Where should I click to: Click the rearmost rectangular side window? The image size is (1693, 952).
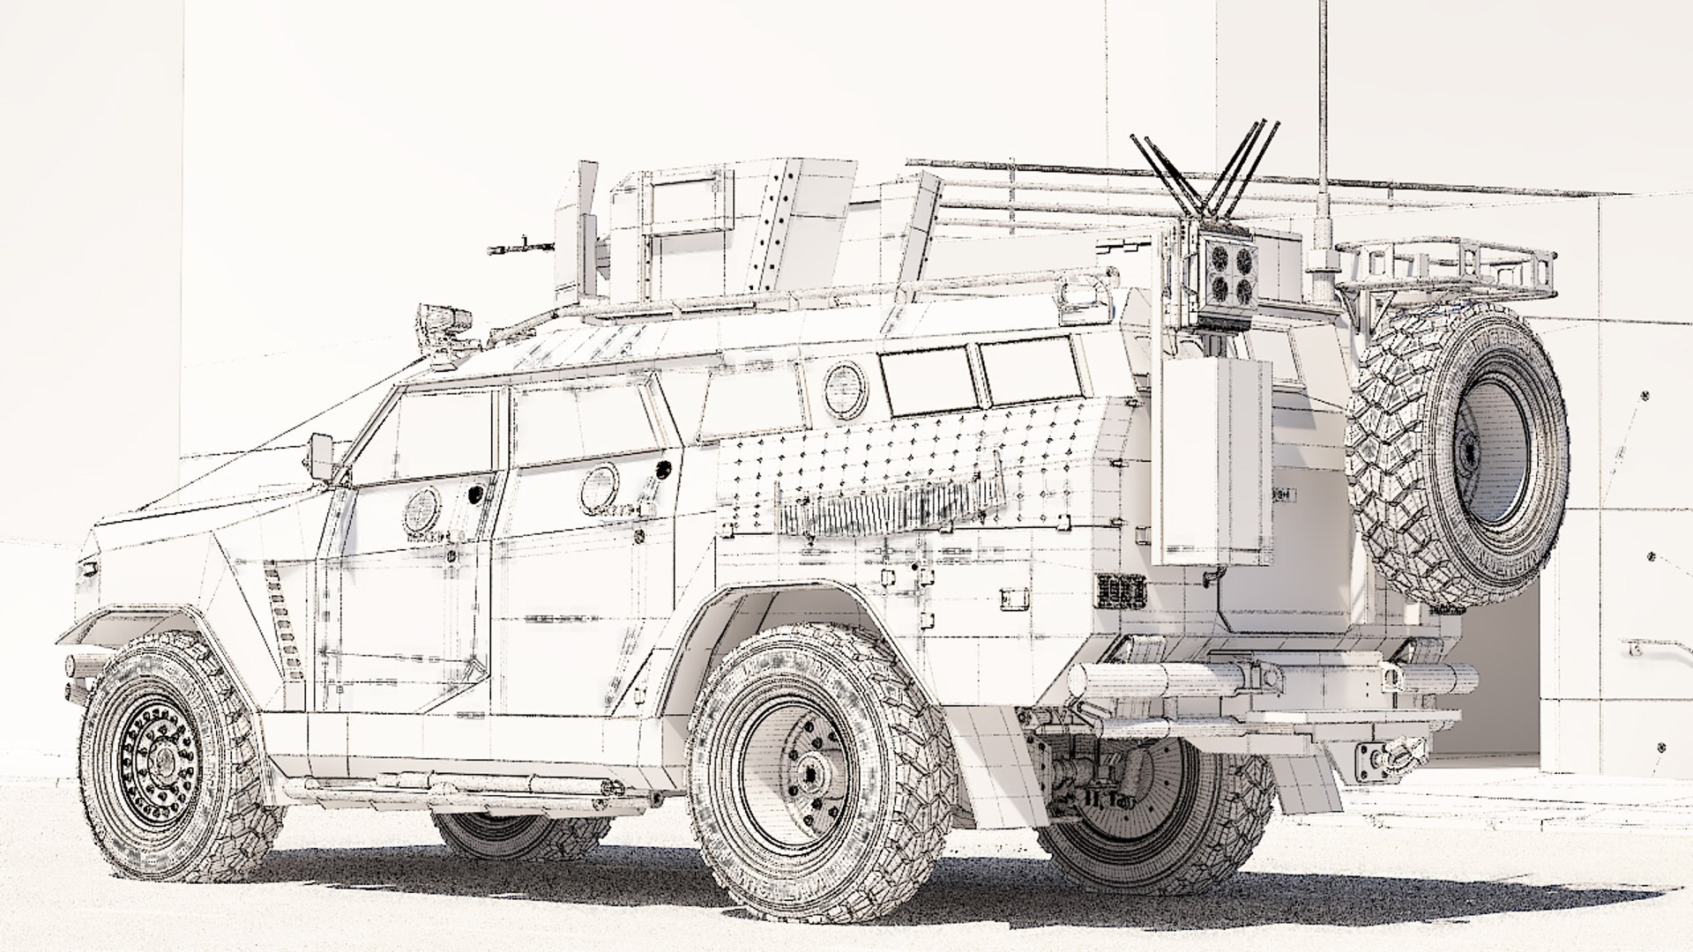point(1030,371)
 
